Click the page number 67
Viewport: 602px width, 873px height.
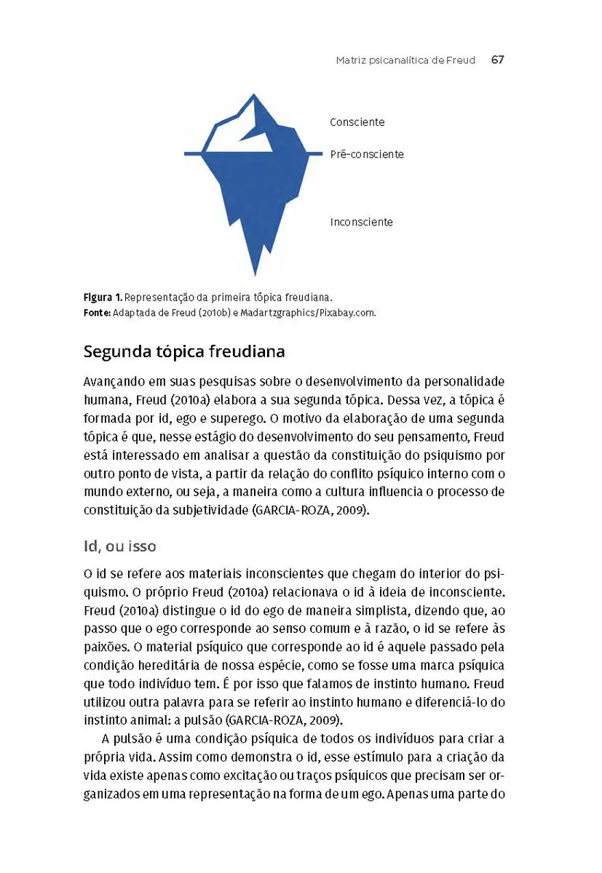pyautogui.click(x=497, y=60)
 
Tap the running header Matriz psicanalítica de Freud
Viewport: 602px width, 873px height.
pyautogui.click(x=405, y=60)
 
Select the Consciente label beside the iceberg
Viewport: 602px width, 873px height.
pyautogui.click(x=357, y=122)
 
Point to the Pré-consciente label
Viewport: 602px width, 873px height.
pyautogui.click(x=366, y=154)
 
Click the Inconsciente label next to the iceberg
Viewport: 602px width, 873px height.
pyautogui.click(x=361, y=222)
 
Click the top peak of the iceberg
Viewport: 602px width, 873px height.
pyautogui.click(x=253, y=95)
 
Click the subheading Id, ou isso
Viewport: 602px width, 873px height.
pyautogui.click(x=119, y=545)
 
